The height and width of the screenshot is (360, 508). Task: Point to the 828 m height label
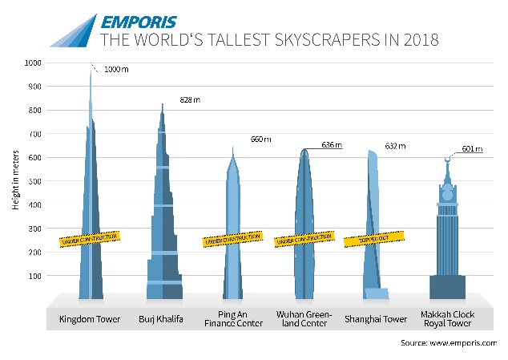[187, 103]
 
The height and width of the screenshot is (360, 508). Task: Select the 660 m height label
[261, 140]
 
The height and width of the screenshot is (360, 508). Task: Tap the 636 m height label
[331, 145]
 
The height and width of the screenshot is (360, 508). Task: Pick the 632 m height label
[396, 146]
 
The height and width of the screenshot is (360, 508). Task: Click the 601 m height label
[474, 148]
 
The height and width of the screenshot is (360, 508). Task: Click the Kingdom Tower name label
[90, 319]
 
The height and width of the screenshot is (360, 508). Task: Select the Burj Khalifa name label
[162, 319]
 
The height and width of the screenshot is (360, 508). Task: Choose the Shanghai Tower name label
[376, 319]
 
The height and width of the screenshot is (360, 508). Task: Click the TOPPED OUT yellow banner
[372, 239]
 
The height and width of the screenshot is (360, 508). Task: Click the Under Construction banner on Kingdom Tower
[91, 238]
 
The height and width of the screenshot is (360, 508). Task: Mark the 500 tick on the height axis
[33, 181]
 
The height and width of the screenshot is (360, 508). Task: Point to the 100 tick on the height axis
[33, 276]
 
